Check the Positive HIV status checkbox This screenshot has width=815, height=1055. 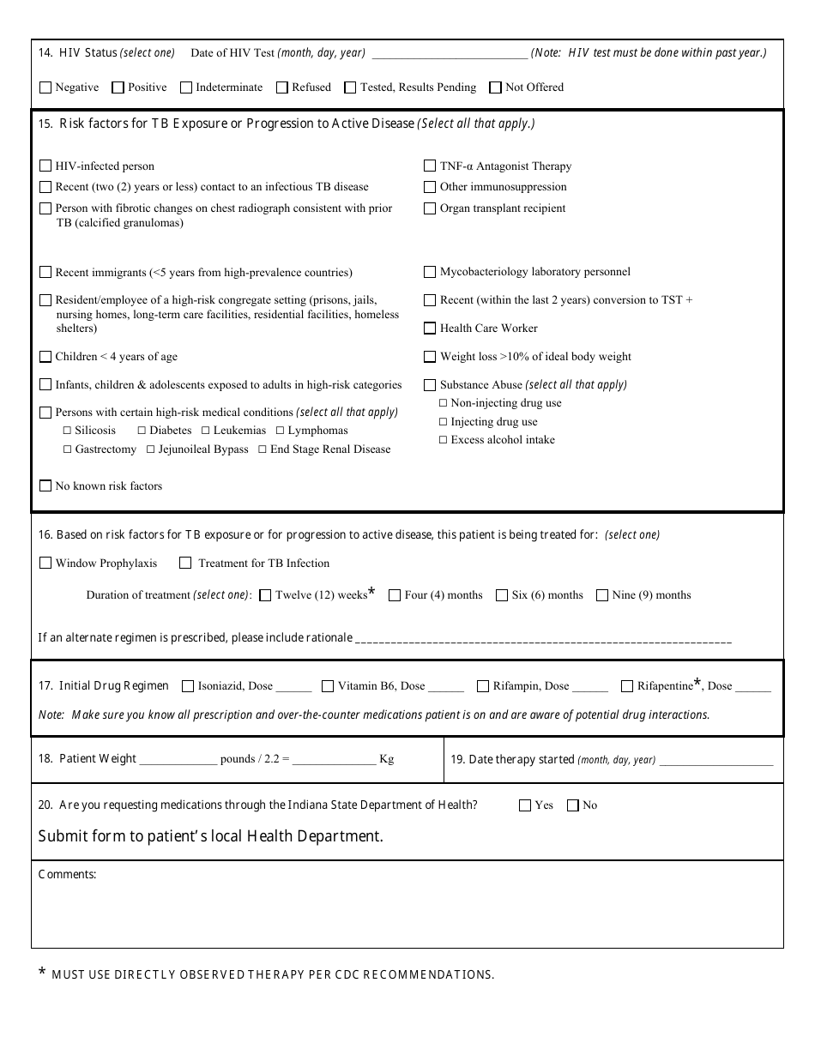click(118, 87)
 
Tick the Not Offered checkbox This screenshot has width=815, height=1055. click(495, 87)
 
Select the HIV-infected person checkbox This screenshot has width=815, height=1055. click(45, 166)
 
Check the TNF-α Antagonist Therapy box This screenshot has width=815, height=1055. click(430, 166)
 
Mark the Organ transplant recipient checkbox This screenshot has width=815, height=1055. click(430, 208)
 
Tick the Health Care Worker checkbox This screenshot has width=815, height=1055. click(430, 329)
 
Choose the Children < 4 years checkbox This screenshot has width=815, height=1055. click(45, 357)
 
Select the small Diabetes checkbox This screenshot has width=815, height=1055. click(142, 431)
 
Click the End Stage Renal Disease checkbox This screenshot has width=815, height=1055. click(263, 449)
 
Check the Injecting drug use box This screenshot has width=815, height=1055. click(444, 422)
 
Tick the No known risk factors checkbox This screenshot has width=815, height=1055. click(45, 486)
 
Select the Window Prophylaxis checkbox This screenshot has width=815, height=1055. click(45, 564)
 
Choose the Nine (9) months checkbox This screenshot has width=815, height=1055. click(602, 595)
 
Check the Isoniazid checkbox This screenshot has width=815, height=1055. click(187, 686)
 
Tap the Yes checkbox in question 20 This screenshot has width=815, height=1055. click(525, 805)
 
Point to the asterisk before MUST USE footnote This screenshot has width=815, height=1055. click(42, 973)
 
